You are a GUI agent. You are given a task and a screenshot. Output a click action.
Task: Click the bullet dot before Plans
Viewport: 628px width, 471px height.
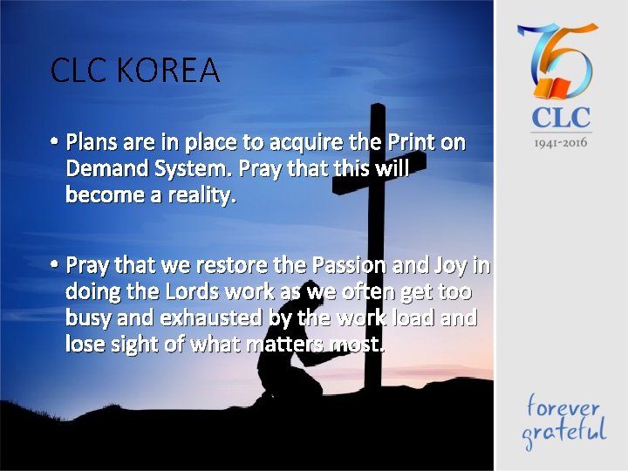[x=54, y=142]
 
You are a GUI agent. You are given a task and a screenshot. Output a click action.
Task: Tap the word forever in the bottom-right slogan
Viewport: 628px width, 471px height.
[x=562, y=406]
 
